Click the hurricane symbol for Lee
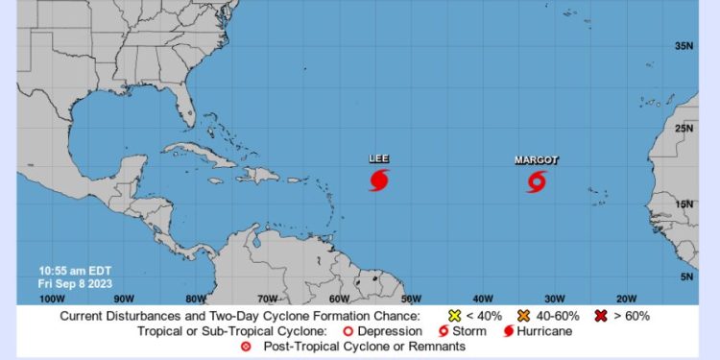pyautogui.click(x=379, y=180)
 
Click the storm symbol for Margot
pyautogui.click(x=537, y=181)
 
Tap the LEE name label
pyautogui.click(x=379, y=158)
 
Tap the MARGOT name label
pyautogui.click(x=536, y=159)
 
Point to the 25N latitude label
pyautogui.click(x=684, y=128)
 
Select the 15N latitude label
pyautogui.click(x=684, y=204)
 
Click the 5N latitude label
pyautogui.click(x=686, y=276)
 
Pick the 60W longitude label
pyautogui.click(x=340, y=298)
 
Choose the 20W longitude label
pyautogui.click(x=626, y=298)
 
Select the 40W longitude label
pyautogui.click(x=484, y=298)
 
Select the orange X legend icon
pyautogui.click(x=523, y=315)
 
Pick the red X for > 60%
pyautogui.click(x=600, y=315)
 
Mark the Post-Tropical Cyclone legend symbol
pyautogui.click(x=246, y=346)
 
